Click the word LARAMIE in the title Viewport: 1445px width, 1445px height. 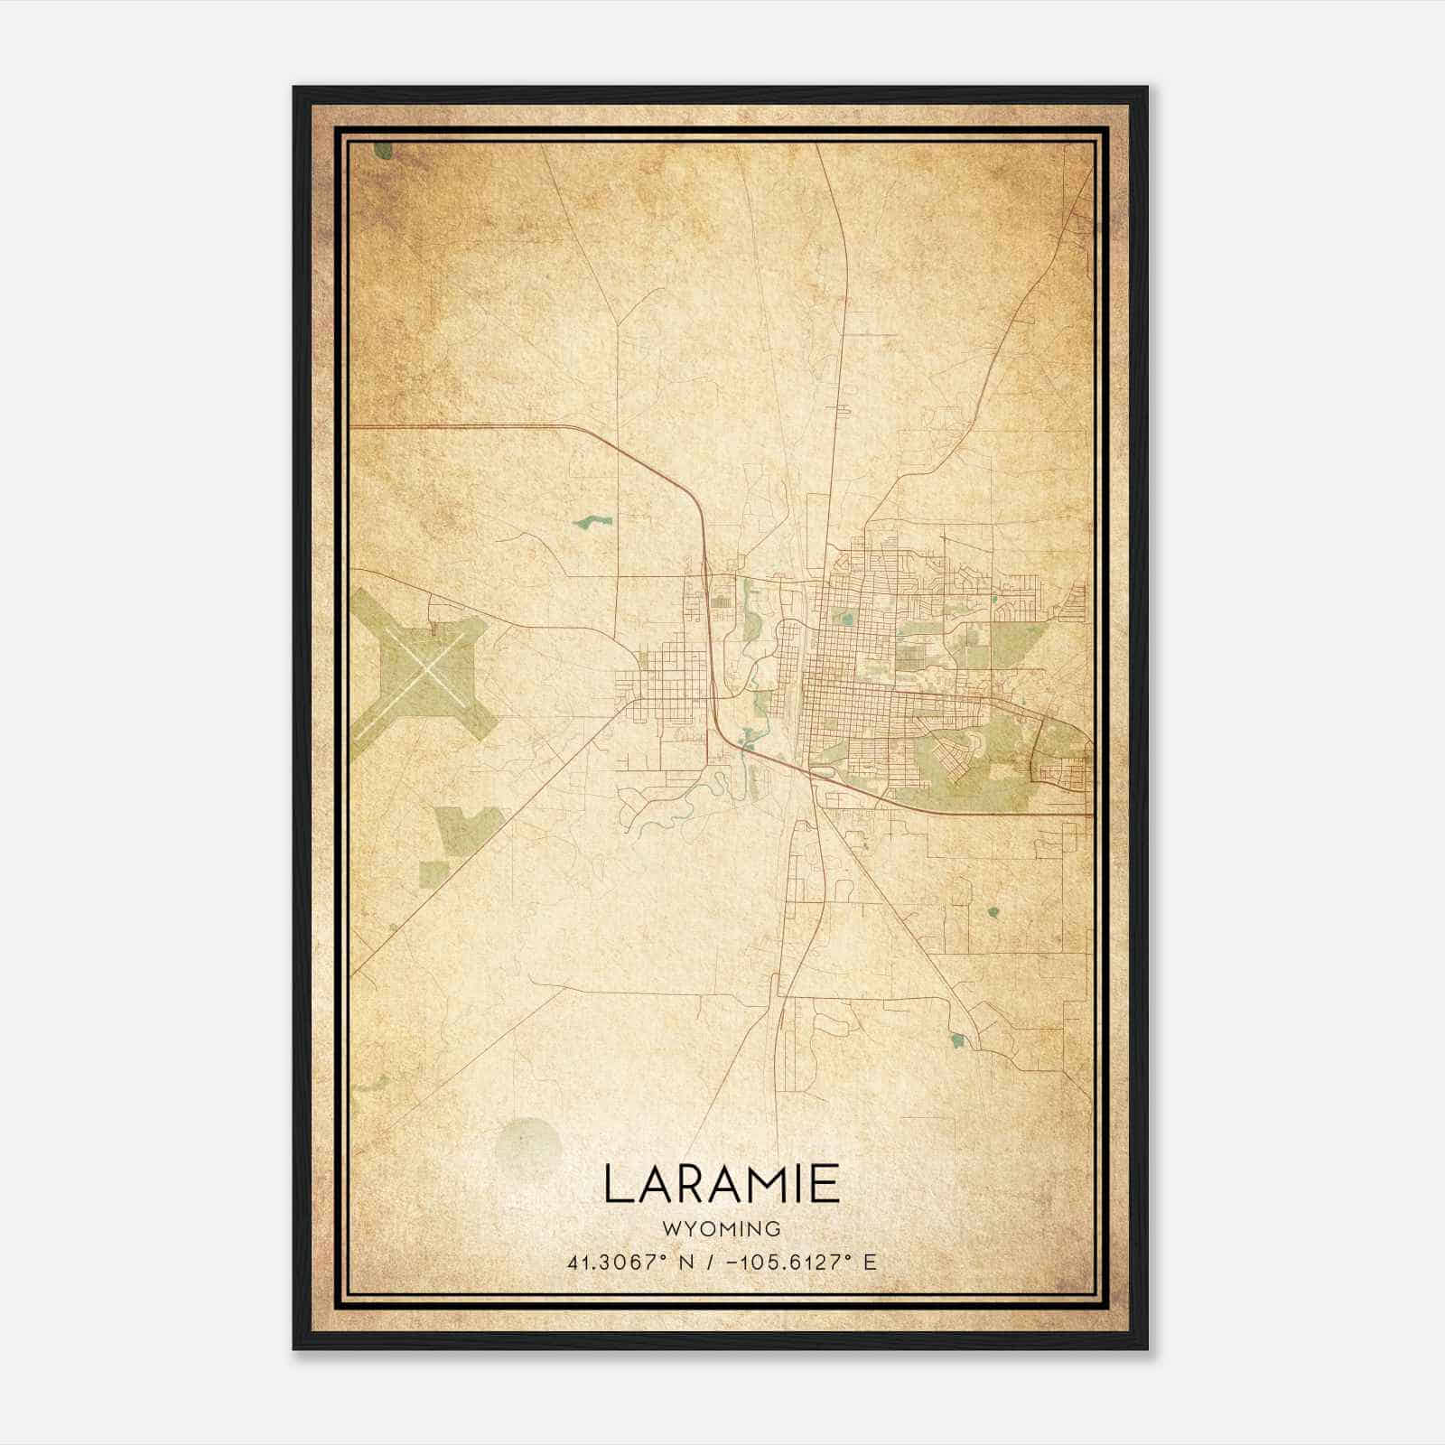(x=721, y=1184)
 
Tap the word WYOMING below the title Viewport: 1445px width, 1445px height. (x=721, y=1229)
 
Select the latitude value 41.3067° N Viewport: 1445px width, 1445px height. (x=629, y=1263)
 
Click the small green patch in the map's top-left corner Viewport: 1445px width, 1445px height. (x=384, y=150)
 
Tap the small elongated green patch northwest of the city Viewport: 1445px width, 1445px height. (x=592, y=521)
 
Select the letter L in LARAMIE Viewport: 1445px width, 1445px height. (x=617, y=1184)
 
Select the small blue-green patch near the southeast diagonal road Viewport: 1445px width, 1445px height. (x=957, y=1041)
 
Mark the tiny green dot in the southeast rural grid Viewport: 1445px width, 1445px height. (x=993, y=911)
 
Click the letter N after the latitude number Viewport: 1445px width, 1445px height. (x=686, y=1263)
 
